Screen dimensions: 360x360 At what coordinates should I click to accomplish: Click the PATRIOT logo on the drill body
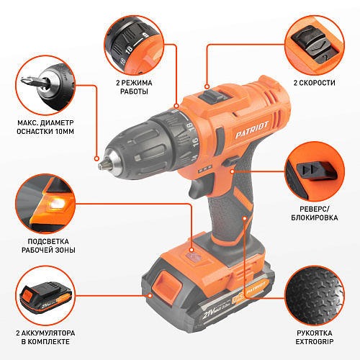251,130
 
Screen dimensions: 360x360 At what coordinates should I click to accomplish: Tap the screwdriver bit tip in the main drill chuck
102,166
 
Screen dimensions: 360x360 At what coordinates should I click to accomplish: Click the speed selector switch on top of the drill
212,96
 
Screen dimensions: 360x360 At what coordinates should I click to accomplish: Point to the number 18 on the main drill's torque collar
191,127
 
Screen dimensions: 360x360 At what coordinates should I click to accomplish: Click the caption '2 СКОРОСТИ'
315,83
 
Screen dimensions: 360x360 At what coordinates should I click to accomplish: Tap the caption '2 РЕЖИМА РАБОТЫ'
134,87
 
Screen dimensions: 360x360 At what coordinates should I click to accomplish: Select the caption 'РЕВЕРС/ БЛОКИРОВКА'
315,213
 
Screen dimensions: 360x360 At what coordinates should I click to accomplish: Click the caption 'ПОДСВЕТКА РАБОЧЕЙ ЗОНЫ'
48,246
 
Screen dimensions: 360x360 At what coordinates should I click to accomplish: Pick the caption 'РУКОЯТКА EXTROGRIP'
315,337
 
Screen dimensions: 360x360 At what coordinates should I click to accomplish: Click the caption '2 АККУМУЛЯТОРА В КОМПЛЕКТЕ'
45,337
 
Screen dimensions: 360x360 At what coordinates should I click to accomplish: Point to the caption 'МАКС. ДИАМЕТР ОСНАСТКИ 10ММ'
45,127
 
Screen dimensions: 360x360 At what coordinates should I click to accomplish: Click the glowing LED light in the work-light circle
56,204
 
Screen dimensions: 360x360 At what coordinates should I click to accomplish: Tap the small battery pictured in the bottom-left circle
45,298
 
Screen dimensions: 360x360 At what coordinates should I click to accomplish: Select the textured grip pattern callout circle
315,295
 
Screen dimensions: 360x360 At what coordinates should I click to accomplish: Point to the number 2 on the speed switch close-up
325,58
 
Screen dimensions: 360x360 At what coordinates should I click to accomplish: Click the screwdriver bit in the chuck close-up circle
35,82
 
